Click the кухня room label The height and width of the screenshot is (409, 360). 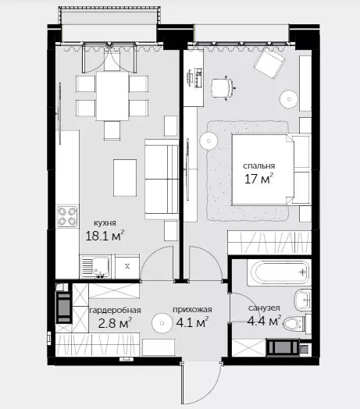click(105, 223)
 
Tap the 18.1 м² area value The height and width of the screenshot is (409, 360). click(105, 236)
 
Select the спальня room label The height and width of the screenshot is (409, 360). click(258, 166)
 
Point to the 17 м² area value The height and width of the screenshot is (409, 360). click(258, 179)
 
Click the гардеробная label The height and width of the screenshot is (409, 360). click(115, 311)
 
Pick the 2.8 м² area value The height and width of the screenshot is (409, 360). click(115, 323)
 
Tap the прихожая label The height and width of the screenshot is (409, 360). click(192, 310)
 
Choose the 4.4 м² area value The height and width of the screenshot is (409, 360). click(264, 321)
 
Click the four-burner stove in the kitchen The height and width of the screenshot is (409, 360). click(67, 216)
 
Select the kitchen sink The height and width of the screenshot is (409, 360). click(94, 267)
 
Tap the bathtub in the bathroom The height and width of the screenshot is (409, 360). click(278, 272)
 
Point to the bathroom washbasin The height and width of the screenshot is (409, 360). click(303, 301)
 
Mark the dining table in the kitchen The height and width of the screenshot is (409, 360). click(112, 96)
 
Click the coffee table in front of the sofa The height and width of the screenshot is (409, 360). click(125, 178)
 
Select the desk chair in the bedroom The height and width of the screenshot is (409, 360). click(223, 88)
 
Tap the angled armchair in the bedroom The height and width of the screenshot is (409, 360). click(270, 63)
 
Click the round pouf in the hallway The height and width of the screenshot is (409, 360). click(162, 323)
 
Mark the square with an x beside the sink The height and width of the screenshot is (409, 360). click(127, 266)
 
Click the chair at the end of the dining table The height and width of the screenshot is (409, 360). click(112, 130)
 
